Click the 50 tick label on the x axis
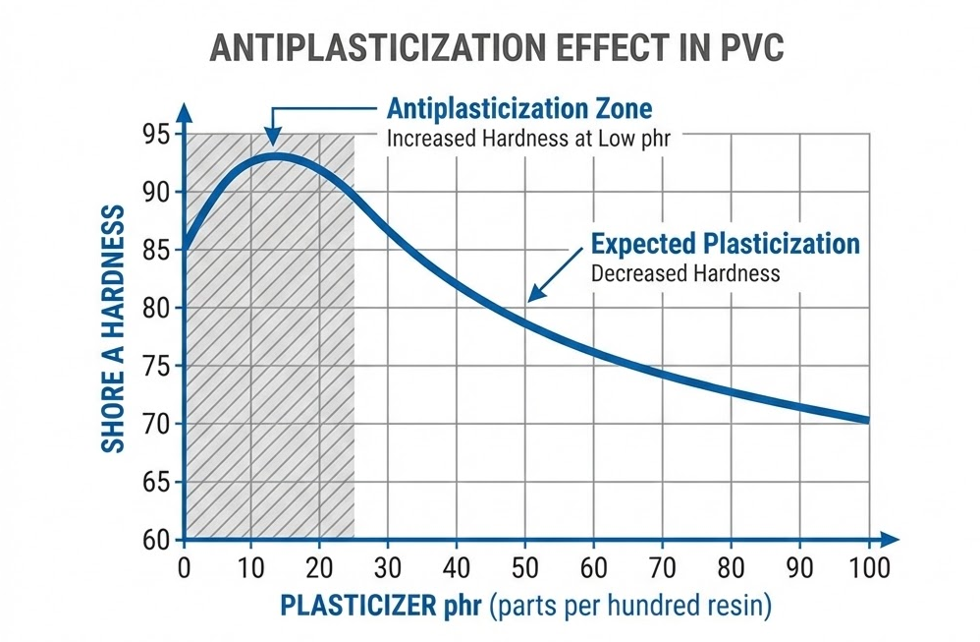(524, 569)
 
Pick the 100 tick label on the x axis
(869, 569)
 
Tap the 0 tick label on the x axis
(184, 569)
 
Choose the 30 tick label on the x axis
(388, 569)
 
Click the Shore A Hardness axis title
(114, 329)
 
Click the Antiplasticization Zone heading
(519, 108)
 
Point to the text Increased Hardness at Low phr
(528, 138)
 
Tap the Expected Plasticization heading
(725, 244)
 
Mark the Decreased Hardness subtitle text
(685, 272)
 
